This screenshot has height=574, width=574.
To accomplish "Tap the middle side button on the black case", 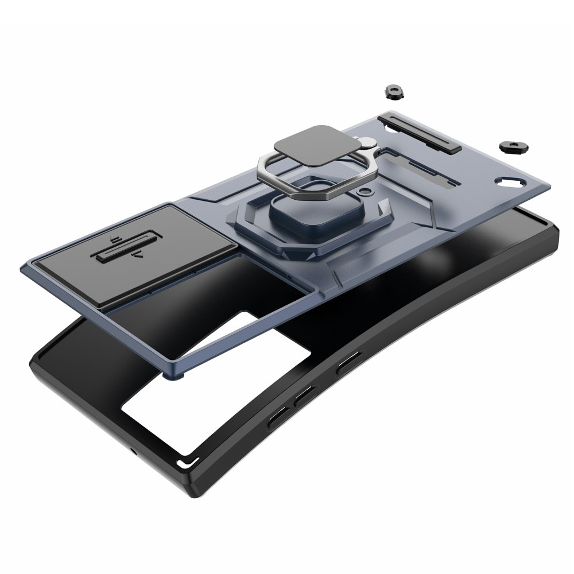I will click(304, 395).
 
